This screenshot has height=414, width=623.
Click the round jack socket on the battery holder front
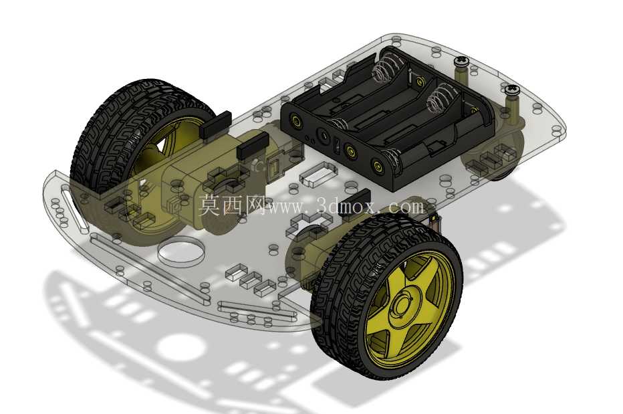point(323,136)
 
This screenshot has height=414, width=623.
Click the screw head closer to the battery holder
point(461,61)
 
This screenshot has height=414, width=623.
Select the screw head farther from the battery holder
point(512,89)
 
